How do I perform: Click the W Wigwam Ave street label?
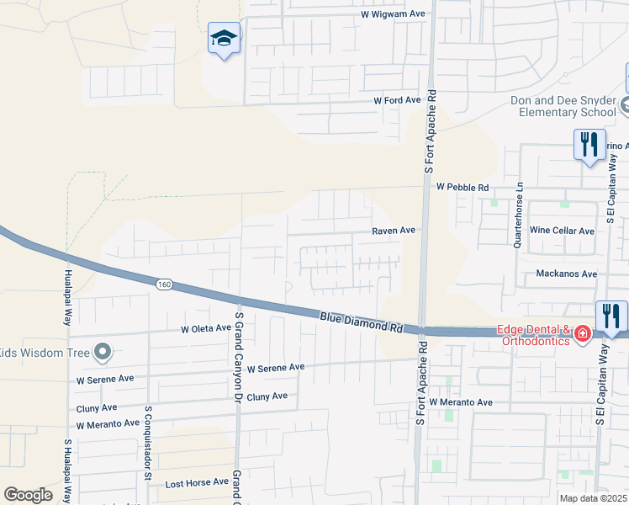pyautogui.click(x=394, y=14)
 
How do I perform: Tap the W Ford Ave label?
pyautogui.click(x=397, y=100)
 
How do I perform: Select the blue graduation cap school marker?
pyautogui.click(x=225, y=39)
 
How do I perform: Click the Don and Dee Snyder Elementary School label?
pyautogui.click(x=563, y=106)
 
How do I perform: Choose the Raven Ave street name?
pyautogui.click(x=394, y=230)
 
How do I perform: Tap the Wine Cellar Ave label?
pyautogui.click(x=562, y=231)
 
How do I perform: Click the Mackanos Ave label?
pyautogui.click(x=566, y=274)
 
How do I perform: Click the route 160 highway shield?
pyautogui.click(x=164, y=285)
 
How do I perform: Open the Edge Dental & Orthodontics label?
pyautogui.click(x=534, y=335)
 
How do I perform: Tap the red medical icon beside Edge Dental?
pyautogui.click(x=582, y=336)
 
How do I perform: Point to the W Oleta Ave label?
pyautogui.click(x=205, y=328)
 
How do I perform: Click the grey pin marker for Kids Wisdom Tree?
pyautogui.click(x=103, y=352)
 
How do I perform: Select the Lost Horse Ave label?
pyautogui.click(x=197, y=482)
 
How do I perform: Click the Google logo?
pyautogui.click(x=28, y=495)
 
